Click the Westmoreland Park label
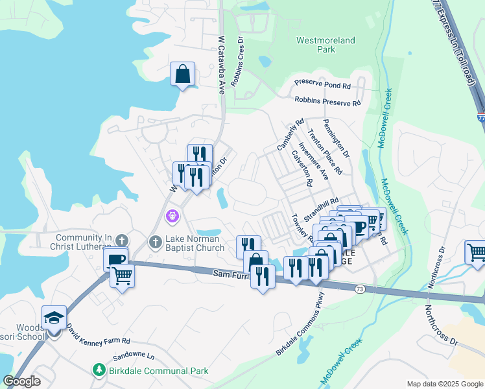click(x=325, y=44)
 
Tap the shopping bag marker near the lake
click(x=183, y=74)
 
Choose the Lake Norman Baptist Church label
click(x=192, y=242)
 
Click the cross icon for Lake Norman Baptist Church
click(x=155, y=242)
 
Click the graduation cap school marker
click(x=54, y=318)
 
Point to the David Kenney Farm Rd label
click(x=99, y=335)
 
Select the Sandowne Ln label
click(x=134, y=357)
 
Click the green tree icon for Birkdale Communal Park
click(x=99, y=370)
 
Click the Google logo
click(x=21, y=381)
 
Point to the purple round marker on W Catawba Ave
click(x=172, y=215)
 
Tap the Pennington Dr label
click(x=336, y=139)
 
